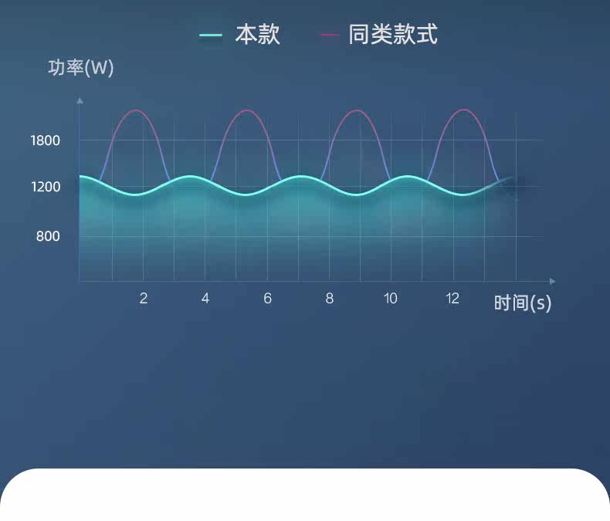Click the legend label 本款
click(258, 35)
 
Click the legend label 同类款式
click(393, 35)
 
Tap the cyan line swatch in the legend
click(211, 36)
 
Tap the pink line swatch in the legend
click(330, 35)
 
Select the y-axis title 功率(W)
click(81, 68)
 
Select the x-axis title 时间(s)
click(523, 303)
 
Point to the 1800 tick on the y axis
click(46, 140)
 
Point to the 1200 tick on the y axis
click(46, 187)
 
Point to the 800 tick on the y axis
click(48, 236)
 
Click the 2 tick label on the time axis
click(144, 298)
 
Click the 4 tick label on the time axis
click(205, 298)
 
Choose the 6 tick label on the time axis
click(267, 298)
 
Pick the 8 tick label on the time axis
click(330, 298)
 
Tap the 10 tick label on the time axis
click(391, 298)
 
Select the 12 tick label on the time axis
click(452, 298)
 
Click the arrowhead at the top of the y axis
click(80, 100)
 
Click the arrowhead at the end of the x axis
click(552, 281)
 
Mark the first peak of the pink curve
click(136, 110)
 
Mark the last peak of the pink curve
click(464, 110)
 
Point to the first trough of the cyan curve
click(135, 195)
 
